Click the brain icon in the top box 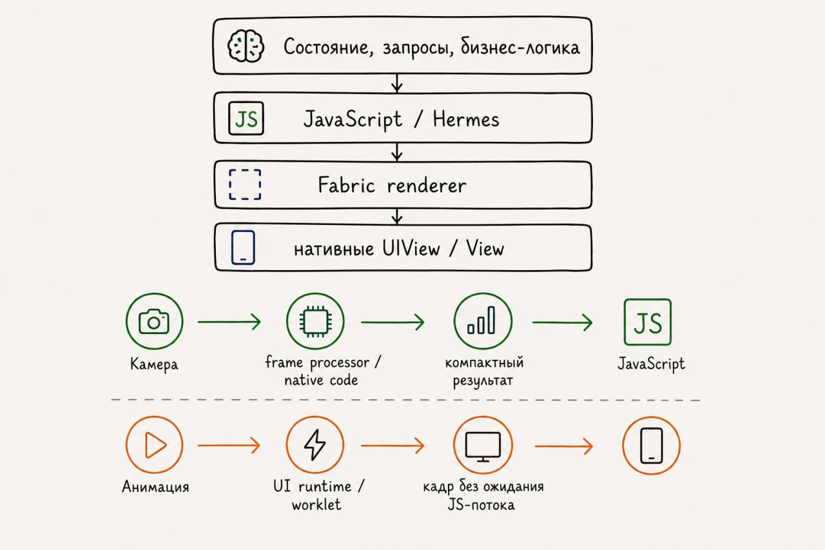point(246,46)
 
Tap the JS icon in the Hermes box point(246,118)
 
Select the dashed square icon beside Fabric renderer point(245,184)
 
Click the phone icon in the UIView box point(243,247)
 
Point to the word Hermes point(466,119)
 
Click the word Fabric point(346,184)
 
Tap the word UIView point(411,248)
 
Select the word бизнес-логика point(520,47)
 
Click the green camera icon point(154,321)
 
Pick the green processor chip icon point(315,321)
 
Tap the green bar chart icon point(483,321)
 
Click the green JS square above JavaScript point(648,322)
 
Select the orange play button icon point(154,445)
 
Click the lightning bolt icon point(315,445)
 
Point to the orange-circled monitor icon point(483,445)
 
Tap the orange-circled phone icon point(651,446)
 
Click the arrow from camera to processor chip point(229,322)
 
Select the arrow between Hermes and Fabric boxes point(396,152)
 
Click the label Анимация point(155,487)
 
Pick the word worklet point(316,504)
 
